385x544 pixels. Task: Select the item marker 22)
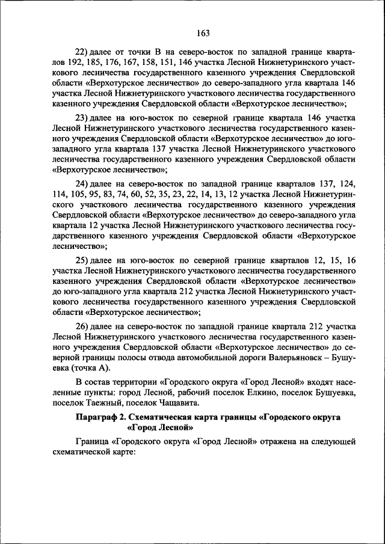82,51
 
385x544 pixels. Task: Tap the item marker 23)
82,116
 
